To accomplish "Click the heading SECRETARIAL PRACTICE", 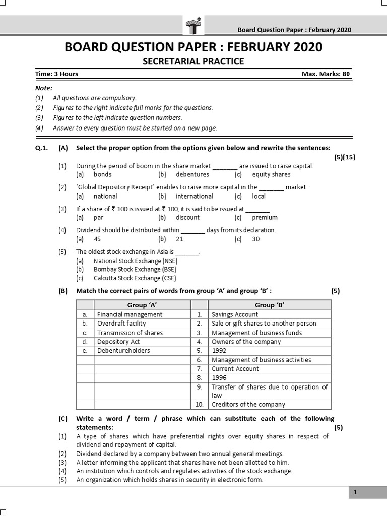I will coord(193,61).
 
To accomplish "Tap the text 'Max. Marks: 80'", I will coord(325,74).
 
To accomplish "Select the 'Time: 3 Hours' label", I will coord(56,74).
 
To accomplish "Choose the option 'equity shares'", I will coord(271,174).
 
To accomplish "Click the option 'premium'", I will coord(265,218).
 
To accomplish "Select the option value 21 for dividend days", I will coord(180,239).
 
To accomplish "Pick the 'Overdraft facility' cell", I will coord(121,324).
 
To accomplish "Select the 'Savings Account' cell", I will coord(235,314).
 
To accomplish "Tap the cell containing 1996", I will coord(220,377).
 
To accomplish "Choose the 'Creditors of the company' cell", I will coord(248,404).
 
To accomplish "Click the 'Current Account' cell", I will coord(235,369).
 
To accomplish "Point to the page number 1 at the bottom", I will coord(355,492).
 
